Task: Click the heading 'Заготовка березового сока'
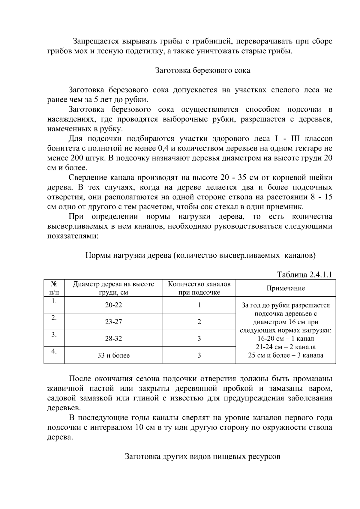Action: click(202, 71)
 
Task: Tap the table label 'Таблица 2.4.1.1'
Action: click(304, 275)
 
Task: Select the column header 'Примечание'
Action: click(286, 288)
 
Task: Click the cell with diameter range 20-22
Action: click(113, 305)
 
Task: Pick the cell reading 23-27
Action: click(113, 322)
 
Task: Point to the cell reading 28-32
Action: click(113, 339)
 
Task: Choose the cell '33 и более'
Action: click(113, 355)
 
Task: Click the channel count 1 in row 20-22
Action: click(199, 305)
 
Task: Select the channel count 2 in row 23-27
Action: click(199, 322)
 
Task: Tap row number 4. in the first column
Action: click(54, 351)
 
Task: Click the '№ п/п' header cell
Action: click(54, 288)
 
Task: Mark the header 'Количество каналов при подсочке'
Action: click(199, 288)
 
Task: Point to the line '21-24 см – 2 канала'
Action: click(286, 347)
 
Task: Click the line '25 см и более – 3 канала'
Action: click(286, 355)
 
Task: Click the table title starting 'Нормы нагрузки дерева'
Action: click(200, 256)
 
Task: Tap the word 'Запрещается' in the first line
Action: click(93, 41)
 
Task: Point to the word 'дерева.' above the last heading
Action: click(60, 437)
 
